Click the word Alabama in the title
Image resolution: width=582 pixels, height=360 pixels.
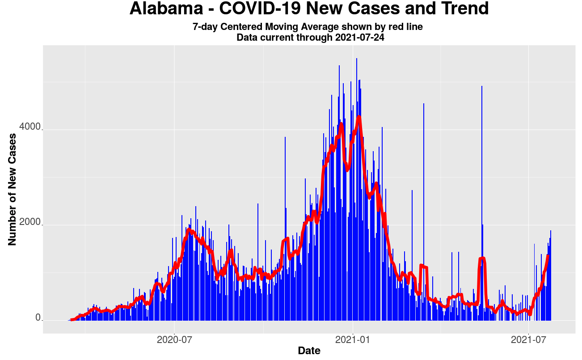[x=164, y=9]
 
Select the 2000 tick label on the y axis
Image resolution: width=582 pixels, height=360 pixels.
[x=30, y=223]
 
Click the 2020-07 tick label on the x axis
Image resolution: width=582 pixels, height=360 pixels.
[x=175, y=339]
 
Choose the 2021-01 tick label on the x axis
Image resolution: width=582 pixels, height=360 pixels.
[x=353, y=339]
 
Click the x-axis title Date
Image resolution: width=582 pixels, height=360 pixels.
[x=309, y=351]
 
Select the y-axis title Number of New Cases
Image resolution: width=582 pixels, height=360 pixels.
[x=12, y=190]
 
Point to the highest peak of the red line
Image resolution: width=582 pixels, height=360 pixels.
[x=358, y=117]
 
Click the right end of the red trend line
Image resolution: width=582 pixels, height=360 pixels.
[x=548, y=255]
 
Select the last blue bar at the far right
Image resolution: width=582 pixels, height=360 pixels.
[x=551, y=268]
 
